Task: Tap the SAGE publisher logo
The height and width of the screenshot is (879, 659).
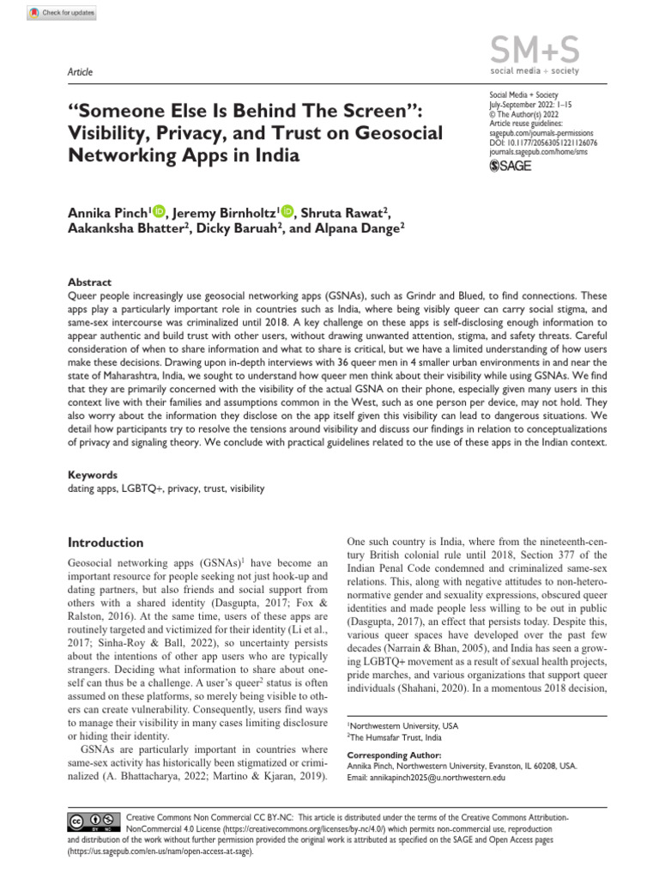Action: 510,165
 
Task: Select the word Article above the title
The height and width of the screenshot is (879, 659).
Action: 80,72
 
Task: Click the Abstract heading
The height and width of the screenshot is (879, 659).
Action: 89,282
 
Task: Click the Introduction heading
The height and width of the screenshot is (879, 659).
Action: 106,543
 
